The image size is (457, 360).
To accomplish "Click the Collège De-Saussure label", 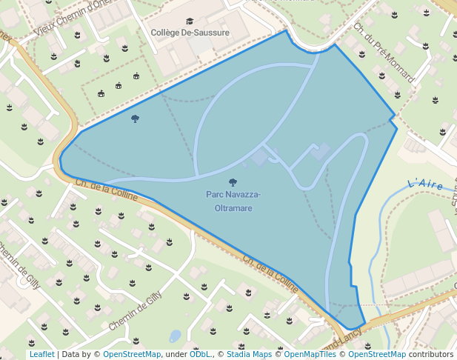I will pyautogui.click(x=190, y=33).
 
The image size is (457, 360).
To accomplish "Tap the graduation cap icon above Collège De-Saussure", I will pyautogui.click(x=190, y=21).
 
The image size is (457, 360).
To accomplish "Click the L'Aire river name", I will pyautogui.click(x=425, y=184).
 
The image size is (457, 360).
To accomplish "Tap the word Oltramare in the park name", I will pyautogui.click(x=233, y=208).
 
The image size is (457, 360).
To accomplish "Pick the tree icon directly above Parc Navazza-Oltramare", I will pyautogui.click(x=233, y=182).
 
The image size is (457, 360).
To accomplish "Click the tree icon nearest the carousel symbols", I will pyautogui.click(x=135, y=119).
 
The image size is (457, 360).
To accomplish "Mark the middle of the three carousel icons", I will pyautogui.click(x=119, y=85).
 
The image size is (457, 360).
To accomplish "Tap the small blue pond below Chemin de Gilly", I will pyautogui.click(x=175, y=336).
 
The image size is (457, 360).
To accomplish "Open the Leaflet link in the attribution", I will pyautogui.click(x=41, y=354).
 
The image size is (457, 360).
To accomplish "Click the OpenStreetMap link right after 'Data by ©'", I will pyautogui.click(x=131, y=354).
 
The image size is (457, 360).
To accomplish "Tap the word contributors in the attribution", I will pyautogui.click(x=430, y=354).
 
